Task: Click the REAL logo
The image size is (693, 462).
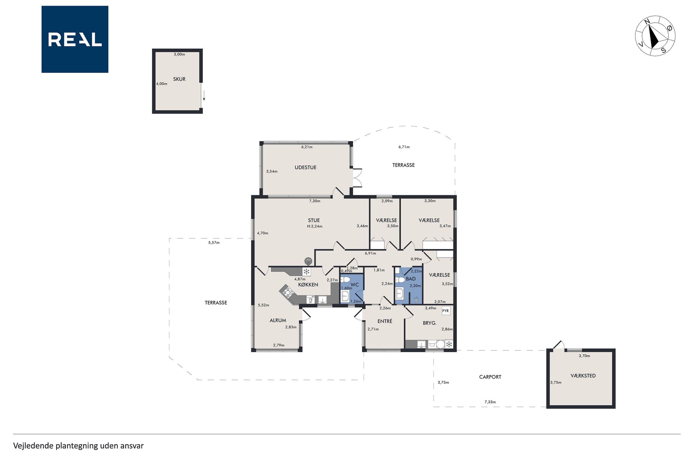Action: pyautogui.click(x=75, y=39)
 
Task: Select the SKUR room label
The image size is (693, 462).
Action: pyautogui.click(x=179, y=79)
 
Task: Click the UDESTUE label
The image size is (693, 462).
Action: pyautogui.click(x=305, y=167)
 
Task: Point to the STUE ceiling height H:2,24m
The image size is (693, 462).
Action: pyautogui.click(x=315, y=227)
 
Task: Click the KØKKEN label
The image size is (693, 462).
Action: pyautogui.click(x=308, y=285)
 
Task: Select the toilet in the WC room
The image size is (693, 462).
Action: pyautogui.click(x=345, y=279)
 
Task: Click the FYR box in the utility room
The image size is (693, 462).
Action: pyautogui.click(x=446, y=311)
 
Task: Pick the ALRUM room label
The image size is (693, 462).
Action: pyautogui.click(x=278, y=320)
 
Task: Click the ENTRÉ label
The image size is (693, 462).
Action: pyautogui.click(x=385, y=321)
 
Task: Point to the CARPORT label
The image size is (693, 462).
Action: pyautogui.click(x=490, y=377)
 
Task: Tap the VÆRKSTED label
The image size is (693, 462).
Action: pyautogui.click(x=583, y=376)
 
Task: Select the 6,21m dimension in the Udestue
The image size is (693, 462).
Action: pyautogui.click(x=307, y=147)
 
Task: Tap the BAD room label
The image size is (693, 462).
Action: pyautogui.click(x=411, y=279)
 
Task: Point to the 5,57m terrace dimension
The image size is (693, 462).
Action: pyautogui.click(x=214, y=243)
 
